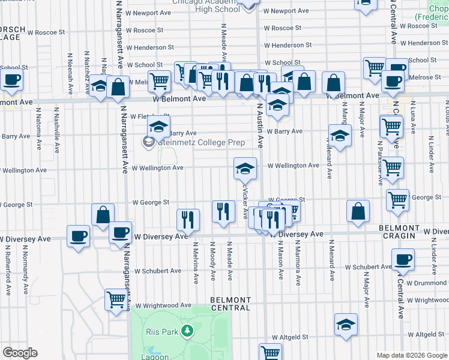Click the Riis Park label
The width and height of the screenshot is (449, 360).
click(161, 331)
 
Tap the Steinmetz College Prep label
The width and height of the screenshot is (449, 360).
click(193, 142)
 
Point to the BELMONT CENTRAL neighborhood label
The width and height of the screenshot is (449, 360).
click(231, 304)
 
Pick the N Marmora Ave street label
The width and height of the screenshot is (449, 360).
click(297, 262)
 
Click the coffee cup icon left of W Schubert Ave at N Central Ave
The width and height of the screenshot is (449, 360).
click(403, 260)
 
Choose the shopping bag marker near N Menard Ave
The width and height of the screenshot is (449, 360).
click(358, 212)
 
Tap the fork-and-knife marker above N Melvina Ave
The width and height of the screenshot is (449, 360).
click(188, 220)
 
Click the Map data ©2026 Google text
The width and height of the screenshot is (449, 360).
click(411, 355)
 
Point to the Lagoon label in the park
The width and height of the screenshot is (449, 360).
click(156, 356)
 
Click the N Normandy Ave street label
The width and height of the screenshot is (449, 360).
click(25, 276)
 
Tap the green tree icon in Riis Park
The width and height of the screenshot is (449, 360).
click(187, 331)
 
